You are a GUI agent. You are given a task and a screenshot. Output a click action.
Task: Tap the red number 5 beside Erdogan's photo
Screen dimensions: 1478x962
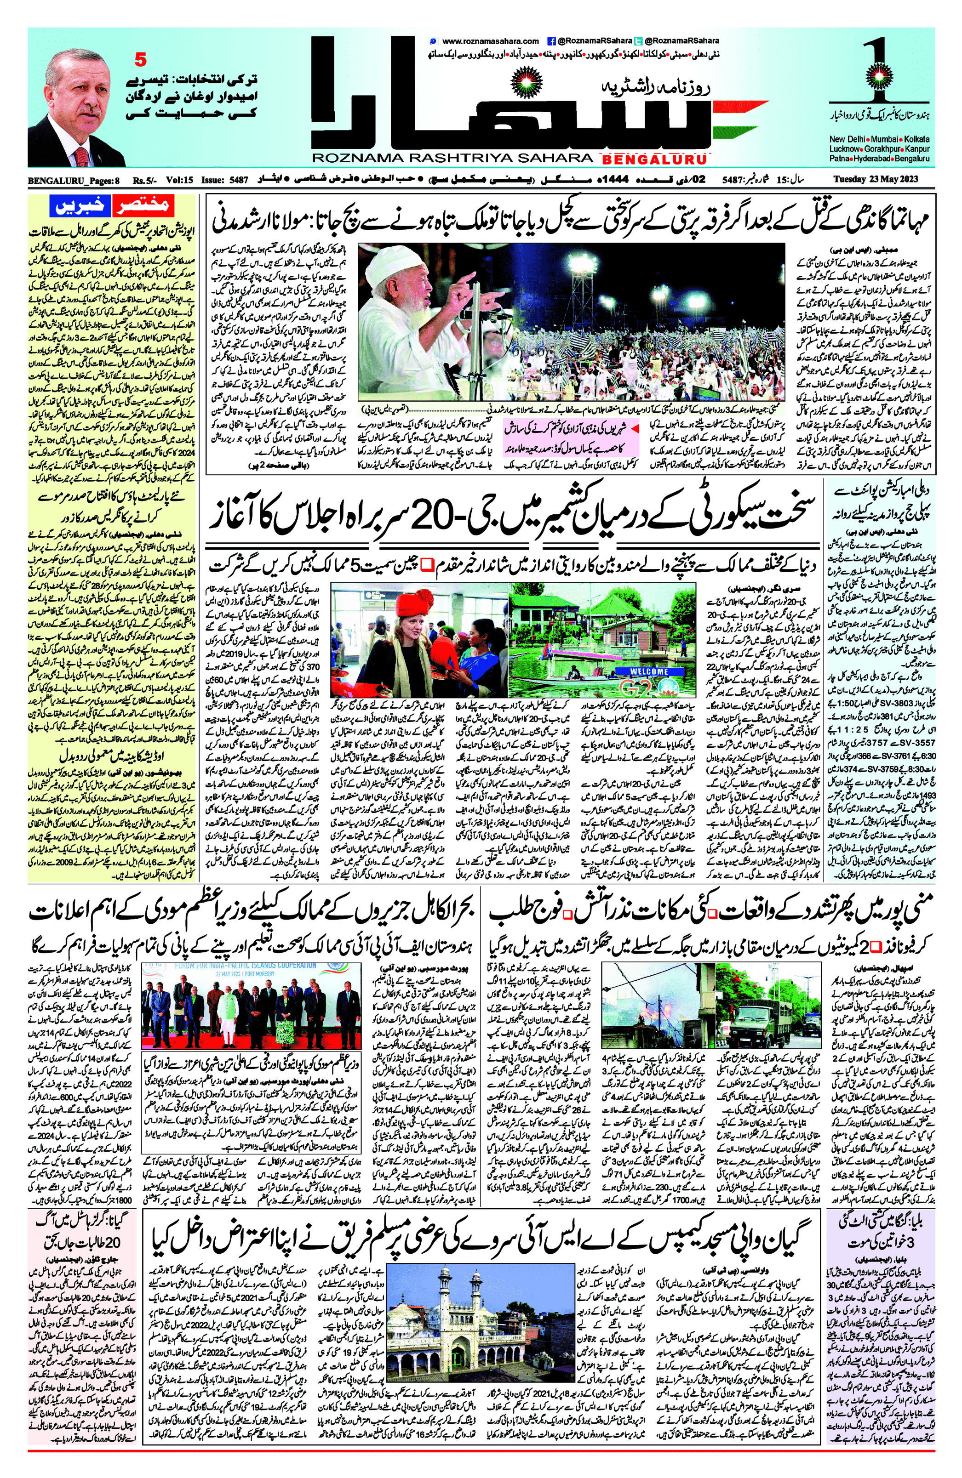tap(140, 60)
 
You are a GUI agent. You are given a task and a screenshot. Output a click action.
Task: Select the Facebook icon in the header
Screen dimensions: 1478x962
tap(550, 41)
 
